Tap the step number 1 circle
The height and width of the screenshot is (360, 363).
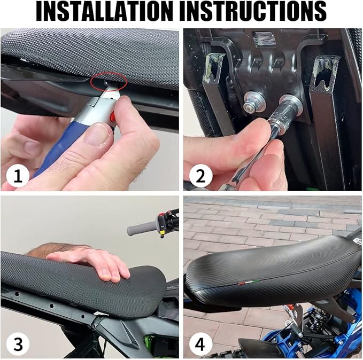click(x=18, y=176)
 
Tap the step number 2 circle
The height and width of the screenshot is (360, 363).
click(x=200, y=176)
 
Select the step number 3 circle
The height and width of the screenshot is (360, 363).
click(x=18, y=343)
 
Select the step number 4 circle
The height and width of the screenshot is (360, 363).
click(x=200, y=343)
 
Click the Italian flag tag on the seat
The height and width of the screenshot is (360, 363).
click(x=249, y=281)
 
